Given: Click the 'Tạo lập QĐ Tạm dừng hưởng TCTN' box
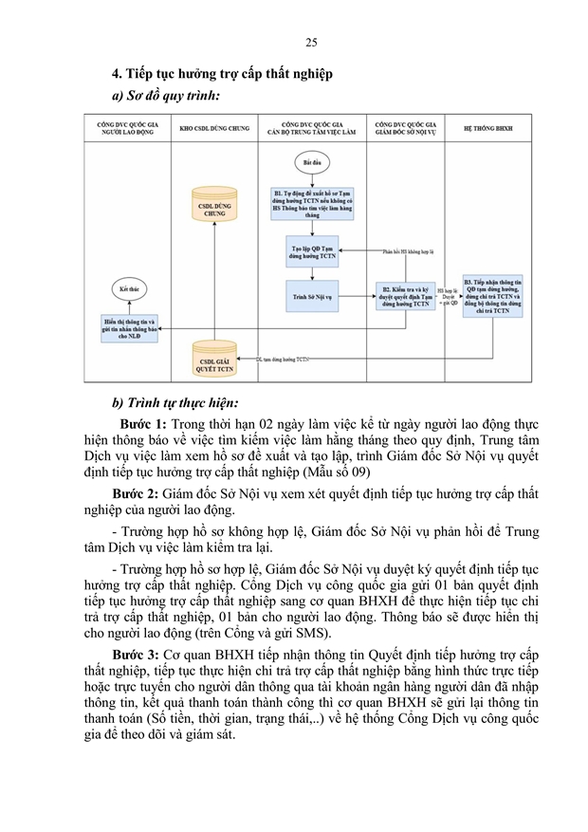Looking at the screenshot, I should pos(313,251).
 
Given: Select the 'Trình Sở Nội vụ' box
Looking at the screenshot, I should pos(313,295).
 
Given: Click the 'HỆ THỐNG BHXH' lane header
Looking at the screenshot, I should pos(494,126).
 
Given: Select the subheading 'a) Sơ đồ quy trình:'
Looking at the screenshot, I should pos(166,96).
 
